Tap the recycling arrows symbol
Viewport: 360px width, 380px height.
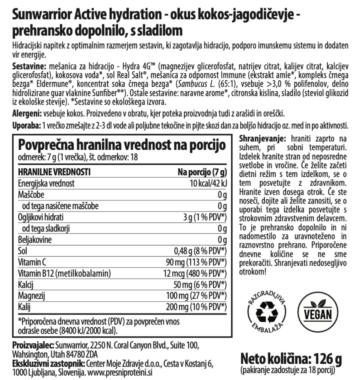coord(266,313)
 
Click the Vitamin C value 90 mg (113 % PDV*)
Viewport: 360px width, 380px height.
coord(196,262)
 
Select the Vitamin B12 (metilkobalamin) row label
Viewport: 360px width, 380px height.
coord(64,273)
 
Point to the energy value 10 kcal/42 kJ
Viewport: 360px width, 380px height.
coord(208,183)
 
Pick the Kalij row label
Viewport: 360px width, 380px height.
coord(24,307)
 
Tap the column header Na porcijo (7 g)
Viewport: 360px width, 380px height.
coord(202,172)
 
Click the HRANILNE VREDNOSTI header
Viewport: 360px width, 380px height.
coord(54,172)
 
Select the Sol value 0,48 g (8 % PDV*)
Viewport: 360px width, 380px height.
coord(200,251)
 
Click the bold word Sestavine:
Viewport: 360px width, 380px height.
coord(29,67)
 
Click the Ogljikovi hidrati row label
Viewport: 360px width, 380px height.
coord(41,217)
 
